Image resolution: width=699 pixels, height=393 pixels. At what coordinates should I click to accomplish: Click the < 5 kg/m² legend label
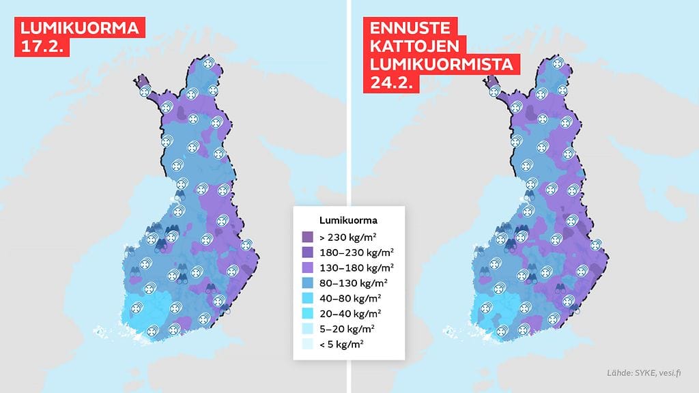pos(342,344)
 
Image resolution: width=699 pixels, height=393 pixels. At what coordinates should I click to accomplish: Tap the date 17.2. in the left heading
pos(42,48)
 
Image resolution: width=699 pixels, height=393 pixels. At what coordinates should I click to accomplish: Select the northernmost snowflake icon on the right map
pos(558,64)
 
